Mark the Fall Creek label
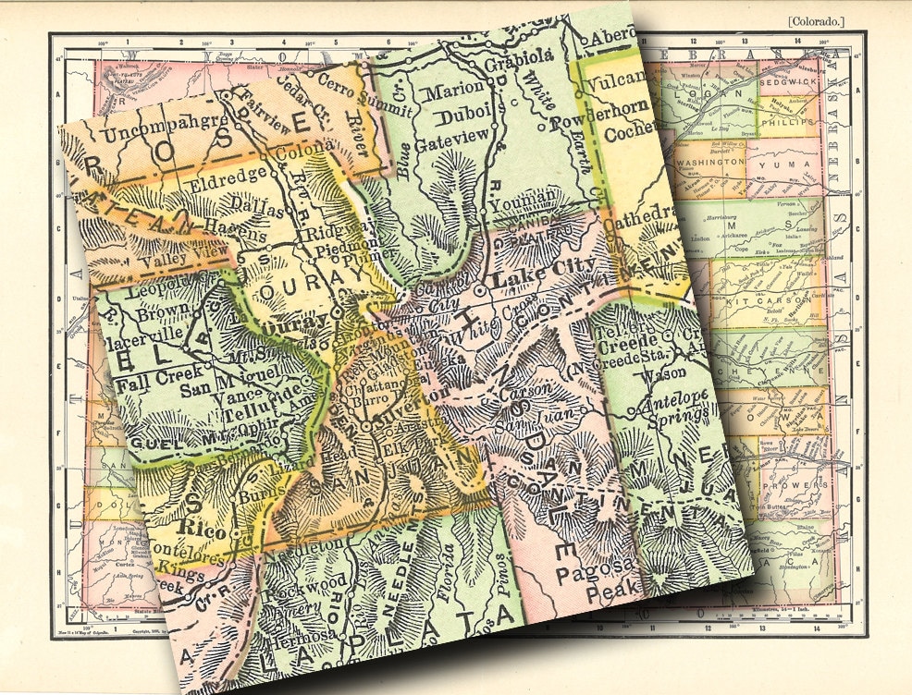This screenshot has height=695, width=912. [151, 376]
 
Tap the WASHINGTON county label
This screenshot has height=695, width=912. [710, 162]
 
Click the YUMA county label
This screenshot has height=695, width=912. [783, 165]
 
